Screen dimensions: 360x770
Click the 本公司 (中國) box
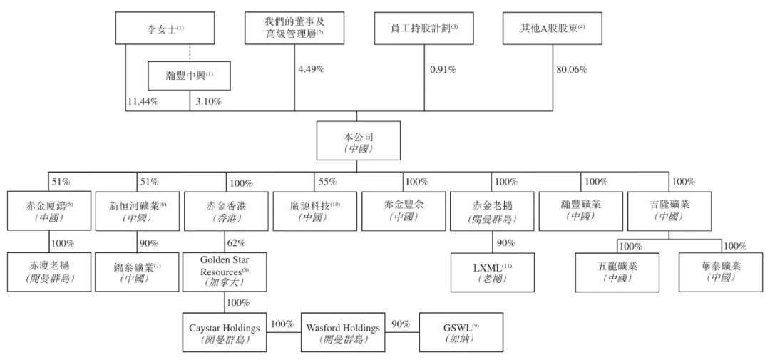(357, 140)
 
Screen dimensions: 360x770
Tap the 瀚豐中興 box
(190, 76)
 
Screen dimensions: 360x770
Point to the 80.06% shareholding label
(571, 69)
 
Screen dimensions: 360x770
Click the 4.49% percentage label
(311, 69)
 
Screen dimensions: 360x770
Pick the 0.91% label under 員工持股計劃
(443, 69)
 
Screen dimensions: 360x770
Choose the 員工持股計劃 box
(425, 29)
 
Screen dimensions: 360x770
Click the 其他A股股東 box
(553, 29)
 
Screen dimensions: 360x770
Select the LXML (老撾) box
(492, 272)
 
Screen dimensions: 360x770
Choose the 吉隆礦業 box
(668, 210)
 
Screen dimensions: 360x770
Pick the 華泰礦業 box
(720, 272)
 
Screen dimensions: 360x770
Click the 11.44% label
(143, 101)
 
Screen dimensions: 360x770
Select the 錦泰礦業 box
(137, 272)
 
